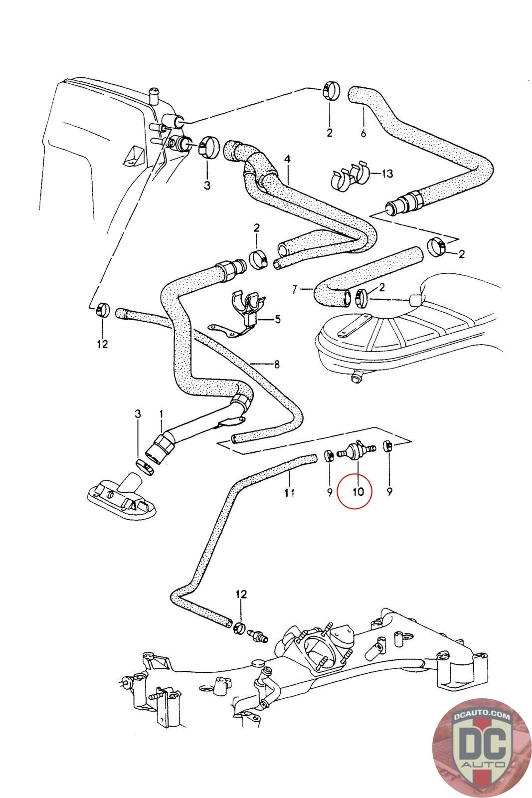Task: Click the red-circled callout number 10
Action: (x=358, y=492)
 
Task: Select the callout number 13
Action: (x=387, y=174)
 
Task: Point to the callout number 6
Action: (x=363, y=133)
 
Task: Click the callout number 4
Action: (x=287, y=159)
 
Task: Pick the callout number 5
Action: (x=277, y=319)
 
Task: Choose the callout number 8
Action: (x=277, y=364)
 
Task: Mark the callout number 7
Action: (x=294, y=290)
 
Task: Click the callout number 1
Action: (x=161, y=413)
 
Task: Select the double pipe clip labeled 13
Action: (x=349, y=176)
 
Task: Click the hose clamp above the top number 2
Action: (x=331, y=89)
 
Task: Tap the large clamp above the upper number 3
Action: (x=208, y=146)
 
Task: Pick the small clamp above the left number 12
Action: (x=103, y=309)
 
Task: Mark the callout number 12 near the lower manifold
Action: (x=241, y=594)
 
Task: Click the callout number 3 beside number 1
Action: (x=138, y=413)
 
